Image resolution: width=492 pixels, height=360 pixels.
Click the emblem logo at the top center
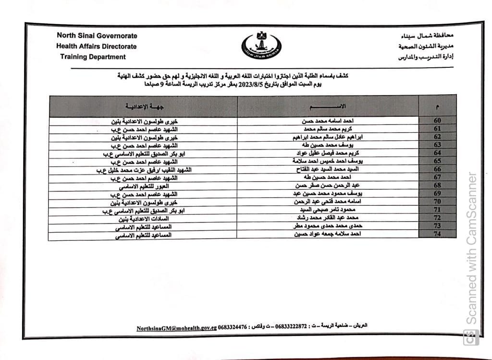tap(262, 47)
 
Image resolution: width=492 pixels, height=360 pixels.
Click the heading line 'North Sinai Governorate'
tap(97, 36)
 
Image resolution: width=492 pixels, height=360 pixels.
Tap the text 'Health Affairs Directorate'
tap(97, 47)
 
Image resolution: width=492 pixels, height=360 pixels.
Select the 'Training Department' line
tap(93, 57)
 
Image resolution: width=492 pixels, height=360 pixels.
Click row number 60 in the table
tap(437, 121)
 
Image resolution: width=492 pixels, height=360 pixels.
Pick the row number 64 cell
tap(437, 153)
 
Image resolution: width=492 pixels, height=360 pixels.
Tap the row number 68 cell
tap(437, 185)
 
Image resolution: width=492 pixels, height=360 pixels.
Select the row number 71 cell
tap(437, 210)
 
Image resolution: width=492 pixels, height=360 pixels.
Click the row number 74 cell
tap(437, 234)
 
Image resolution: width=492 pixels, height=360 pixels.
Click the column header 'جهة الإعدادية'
tap(143, 106)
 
